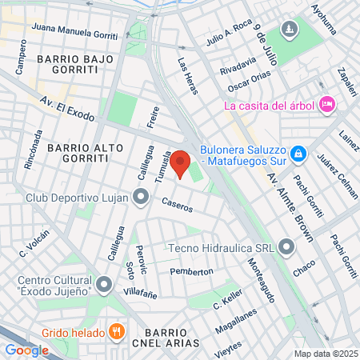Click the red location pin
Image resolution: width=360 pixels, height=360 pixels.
coord(180,163)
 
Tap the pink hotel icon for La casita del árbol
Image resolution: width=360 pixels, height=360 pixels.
coord(326,104)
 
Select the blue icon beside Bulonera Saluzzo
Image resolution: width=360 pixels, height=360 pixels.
coord(298,152)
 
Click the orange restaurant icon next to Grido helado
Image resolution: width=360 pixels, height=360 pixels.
coord(117,331)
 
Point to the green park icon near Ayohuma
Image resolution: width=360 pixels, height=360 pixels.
coord(288,31)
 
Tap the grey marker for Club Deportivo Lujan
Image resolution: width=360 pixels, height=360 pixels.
coord(141,196)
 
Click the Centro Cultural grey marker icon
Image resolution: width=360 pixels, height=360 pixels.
coord(104,284)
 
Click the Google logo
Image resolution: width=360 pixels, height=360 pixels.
coord(26,350)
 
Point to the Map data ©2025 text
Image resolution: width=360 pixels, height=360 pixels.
coord(326,354)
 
